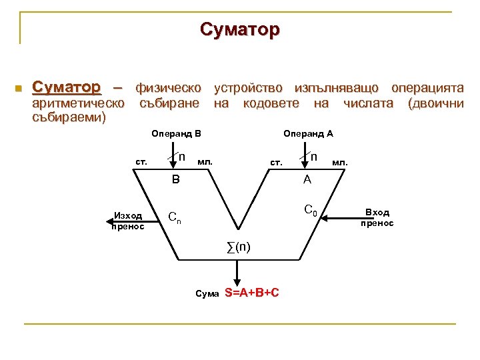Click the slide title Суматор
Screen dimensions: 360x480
[x=240, y=30]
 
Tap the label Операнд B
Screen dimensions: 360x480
[x=176, y=133]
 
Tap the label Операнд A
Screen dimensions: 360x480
[x=308, y=133]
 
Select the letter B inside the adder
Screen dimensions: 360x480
[x=175, y=179]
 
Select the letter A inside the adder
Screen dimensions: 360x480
[x=307, y=179]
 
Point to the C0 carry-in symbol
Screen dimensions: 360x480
[x=311, y=211]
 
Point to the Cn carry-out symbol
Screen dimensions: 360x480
[x=174, y=217]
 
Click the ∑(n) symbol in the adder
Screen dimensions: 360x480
[x=239, y=247]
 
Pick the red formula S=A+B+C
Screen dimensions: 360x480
[x=253, y=293]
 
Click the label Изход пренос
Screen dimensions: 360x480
[x=129, y=221]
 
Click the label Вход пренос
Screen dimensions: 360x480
[x=377, y=217]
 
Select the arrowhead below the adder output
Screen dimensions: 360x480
[x=235, y=282]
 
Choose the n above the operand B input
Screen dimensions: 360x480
[x=182, y=157]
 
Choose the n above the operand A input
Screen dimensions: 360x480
[x=313, y=157]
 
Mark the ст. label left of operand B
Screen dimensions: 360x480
[x=141, y=162]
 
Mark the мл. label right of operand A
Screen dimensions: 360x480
[x=340, y=162]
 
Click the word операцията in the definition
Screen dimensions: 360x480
[x=427, y=88]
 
